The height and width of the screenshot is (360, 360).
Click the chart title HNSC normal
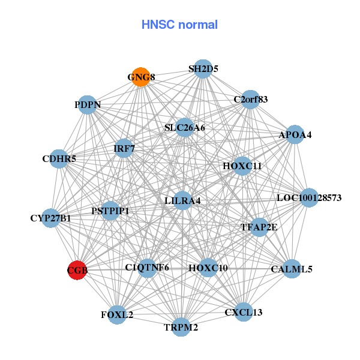tap(179, 25)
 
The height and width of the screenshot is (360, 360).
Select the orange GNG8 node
tap(140, 77)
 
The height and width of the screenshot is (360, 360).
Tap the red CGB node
tap(77, 271)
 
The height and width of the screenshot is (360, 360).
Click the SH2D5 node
tap(203, 69)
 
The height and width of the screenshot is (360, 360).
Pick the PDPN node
tap(88, 105)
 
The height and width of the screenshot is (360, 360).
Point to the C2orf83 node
tap(250, 99)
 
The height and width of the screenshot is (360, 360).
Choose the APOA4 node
tap(295, 135)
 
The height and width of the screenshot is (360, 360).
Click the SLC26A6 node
tap(184, 127)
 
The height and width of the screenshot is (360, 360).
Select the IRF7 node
tap(124, 148)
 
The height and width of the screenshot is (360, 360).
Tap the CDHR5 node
tap(59, 159)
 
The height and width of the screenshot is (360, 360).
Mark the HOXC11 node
tap(242, 166)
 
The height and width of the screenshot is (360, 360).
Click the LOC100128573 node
tap(308, 197)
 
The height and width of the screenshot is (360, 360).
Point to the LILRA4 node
tap(182, 200)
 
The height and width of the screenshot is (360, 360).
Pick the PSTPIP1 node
tap(110, 211)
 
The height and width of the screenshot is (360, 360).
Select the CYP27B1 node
tap(51, 218)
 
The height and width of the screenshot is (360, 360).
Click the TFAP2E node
tap(259, 227)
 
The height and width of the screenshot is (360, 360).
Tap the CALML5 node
tap(292, 269)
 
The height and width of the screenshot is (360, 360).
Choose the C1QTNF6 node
tap(147, 268)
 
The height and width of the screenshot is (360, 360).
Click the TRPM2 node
tap(181, 327)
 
